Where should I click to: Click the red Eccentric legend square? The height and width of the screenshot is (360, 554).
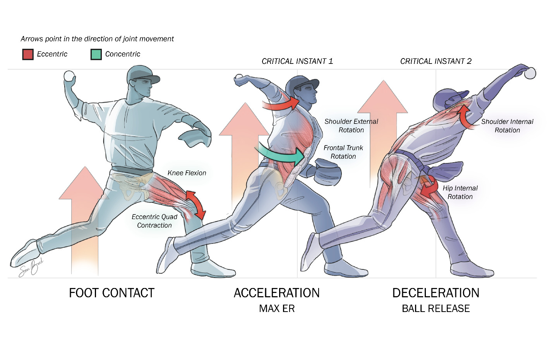pyautogui.click(x=28, y=54)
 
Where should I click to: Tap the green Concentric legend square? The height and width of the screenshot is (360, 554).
pyautogui.click(x=96, y=54)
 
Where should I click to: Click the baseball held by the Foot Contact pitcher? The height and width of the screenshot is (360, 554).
pyautogui.click(x=69, y=76)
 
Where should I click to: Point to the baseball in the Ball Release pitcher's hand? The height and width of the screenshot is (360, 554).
pyautogui.click(x=530, y=73)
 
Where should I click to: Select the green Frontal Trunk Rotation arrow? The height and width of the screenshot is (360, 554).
pyautogui.click(x=281, y=155)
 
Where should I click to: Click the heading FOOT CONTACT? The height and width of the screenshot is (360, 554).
pyautogui.click(x=111, y=293)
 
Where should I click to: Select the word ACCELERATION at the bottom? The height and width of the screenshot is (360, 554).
pyautogui.click(x=276, y=293)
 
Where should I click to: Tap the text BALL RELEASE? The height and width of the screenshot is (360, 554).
pyautogui.click(x=436, y=309)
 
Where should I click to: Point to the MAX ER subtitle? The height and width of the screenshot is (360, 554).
pyautogui.click(x=276, y=309)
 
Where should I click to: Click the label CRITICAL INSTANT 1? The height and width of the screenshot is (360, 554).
pyautogui.click(x=297, y=61)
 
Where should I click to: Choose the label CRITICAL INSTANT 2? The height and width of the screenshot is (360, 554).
pyautogui.click(x=436, y=61)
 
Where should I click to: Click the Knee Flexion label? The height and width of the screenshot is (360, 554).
pyautogui.click(x=187, y=173)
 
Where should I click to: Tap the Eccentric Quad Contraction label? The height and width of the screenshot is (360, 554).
pyautogui.click(x=154, y=221)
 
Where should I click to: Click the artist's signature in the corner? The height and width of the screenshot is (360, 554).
pyautogui.click(x=31, y=267)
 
